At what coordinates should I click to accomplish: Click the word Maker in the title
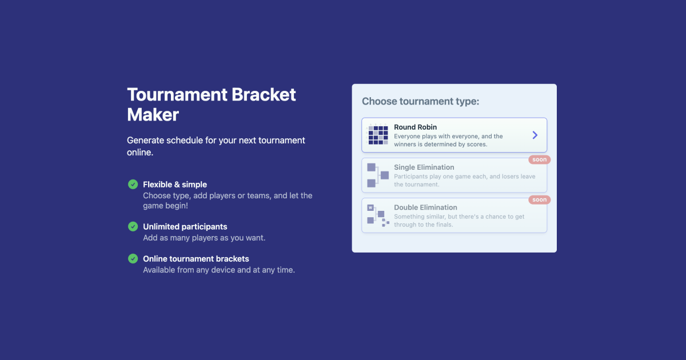pos(153,114)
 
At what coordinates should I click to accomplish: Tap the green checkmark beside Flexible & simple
pos(133,184)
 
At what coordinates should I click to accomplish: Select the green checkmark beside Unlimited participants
pos(133,226)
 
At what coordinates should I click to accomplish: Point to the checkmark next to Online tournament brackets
pos(133,258)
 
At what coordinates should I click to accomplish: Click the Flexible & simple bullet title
pos(175,185)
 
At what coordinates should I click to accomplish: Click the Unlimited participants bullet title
pos(185,227)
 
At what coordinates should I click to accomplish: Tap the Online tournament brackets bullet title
pos(196,259)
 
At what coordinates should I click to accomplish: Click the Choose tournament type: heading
pos(420,101)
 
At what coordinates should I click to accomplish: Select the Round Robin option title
pos(415,127)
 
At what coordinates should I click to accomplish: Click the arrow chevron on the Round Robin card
pos(535,135)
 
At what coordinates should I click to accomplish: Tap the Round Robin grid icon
pos(377,135)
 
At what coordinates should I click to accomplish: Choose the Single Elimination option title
pos(424,167)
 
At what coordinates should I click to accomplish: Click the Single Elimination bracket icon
pos(377,175)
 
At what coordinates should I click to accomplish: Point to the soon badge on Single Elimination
pos(539,159)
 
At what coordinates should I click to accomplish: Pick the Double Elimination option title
pos(425,207)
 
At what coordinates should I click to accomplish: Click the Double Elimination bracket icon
pos(377,215)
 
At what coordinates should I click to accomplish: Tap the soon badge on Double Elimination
pos(539,199)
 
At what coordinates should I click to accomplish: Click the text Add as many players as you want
pos(204,238)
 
